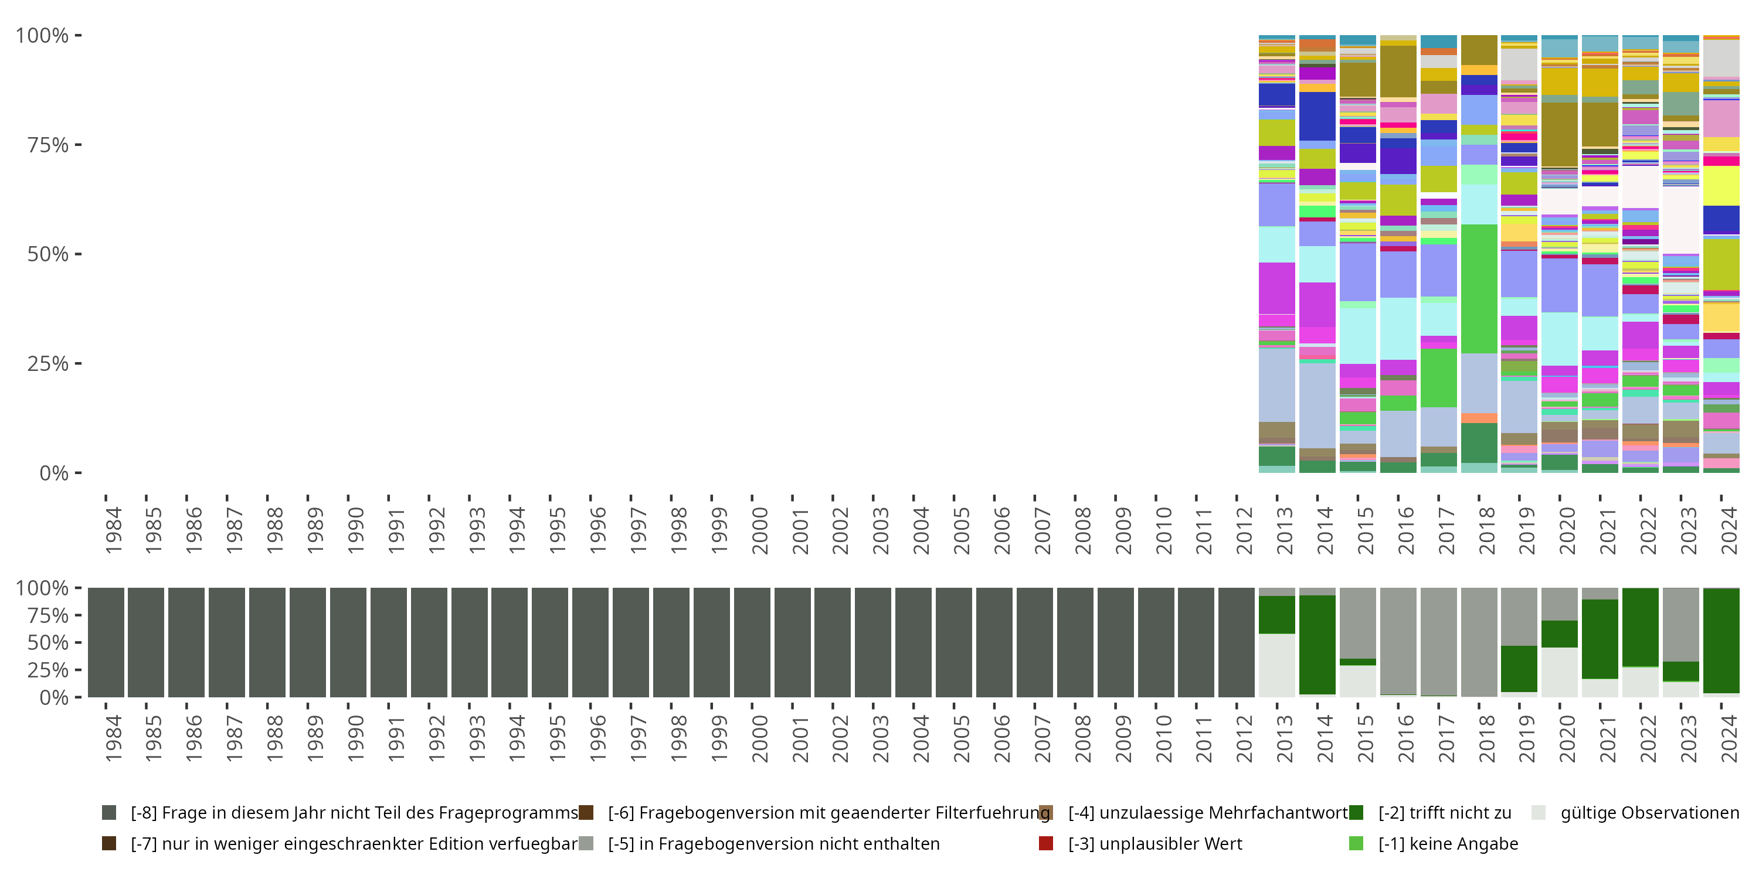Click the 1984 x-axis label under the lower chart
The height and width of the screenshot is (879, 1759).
(x=113, y=738)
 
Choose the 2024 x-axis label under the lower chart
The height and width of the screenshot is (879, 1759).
(x=1729, y=738)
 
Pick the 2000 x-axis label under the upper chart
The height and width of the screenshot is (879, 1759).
(x=760, y=530)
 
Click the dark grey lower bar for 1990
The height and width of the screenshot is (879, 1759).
(x=348, y=642)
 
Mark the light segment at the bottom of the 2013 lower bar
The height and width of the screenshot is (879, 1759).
(x=1277, y=665)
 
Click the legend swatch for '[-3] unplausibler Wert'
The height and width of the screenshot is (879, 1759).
(x=1045, y=843)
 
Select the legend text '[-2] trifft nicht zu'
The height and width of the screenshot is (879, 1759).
(x=1444, y=813)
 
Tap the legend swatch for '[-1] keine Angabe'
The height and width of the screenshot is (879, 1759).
(x=1356, y=843)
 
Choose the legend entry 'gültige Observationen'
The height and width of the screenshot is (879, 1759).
(x=1649, y=813)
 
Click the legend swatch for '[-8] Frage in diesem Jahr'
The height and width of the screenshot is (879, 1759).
(x=108, y=813)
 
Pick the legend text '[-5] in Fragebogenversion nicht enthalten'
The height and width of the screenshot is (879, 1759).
(x=773, y=843)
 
